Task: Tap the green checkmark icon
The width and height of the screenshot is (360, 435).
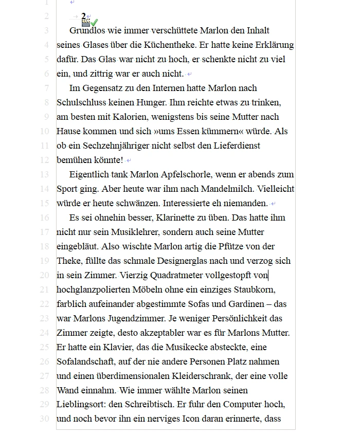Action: click(94, 22)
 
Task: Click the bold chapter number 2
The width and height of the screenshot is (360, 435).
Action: click(83, 16)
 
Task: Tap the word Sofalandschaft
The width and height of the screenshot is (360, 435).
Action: click(84, 361)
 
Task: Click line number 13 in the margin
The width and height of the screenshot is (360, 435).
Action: click(44, 174)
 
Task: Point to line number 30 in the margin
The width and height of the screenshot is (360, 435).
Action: click(44, 419)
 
